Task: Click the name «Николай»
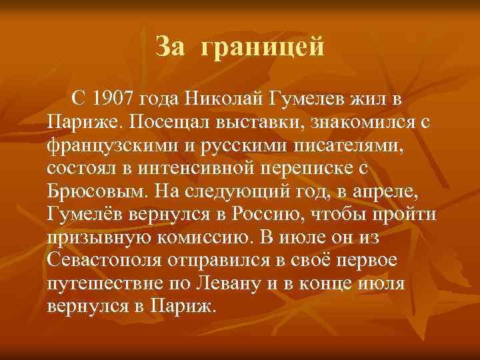coord(225,100)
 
